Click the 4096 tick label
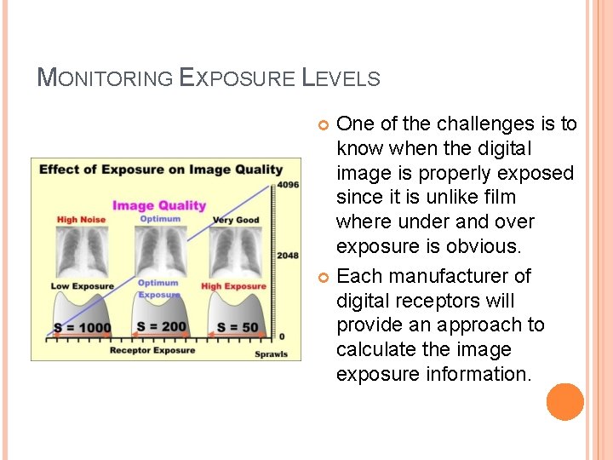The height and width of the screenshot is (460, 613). tap(288, 185)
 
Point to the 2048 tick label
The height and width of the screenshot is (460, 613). tap(288, 256)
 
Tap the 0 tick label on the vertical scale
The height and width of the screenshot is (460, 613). tap(282, 337)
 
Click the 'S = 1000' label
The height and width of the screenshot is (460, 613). tap(83, 328)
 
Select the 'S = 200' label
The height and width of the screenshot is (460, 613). tap(161, 327)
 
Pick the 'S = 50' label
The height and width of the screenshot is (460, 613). tap(238, 328)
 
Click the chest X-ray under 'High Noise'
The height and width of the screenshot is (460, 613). tap(82, 252)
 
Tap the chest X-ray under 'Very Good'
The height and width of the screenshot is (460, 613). tap(235, 252)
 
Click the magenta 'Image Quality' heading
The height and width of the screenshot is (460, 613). tap(159, 204)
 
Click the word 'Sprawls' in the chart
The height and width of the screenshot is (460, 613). tap(272, 354)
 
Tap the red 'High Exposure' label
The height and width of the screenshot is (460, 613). tap(233, 286)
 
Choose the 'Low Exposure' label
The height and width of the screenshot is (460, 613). tap(82, 286)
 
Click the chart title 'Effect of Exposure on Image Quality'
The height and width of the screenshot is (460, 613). tap(161, 169)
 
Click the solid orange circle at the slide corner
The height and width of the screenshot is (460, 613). tap(565, 402)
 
